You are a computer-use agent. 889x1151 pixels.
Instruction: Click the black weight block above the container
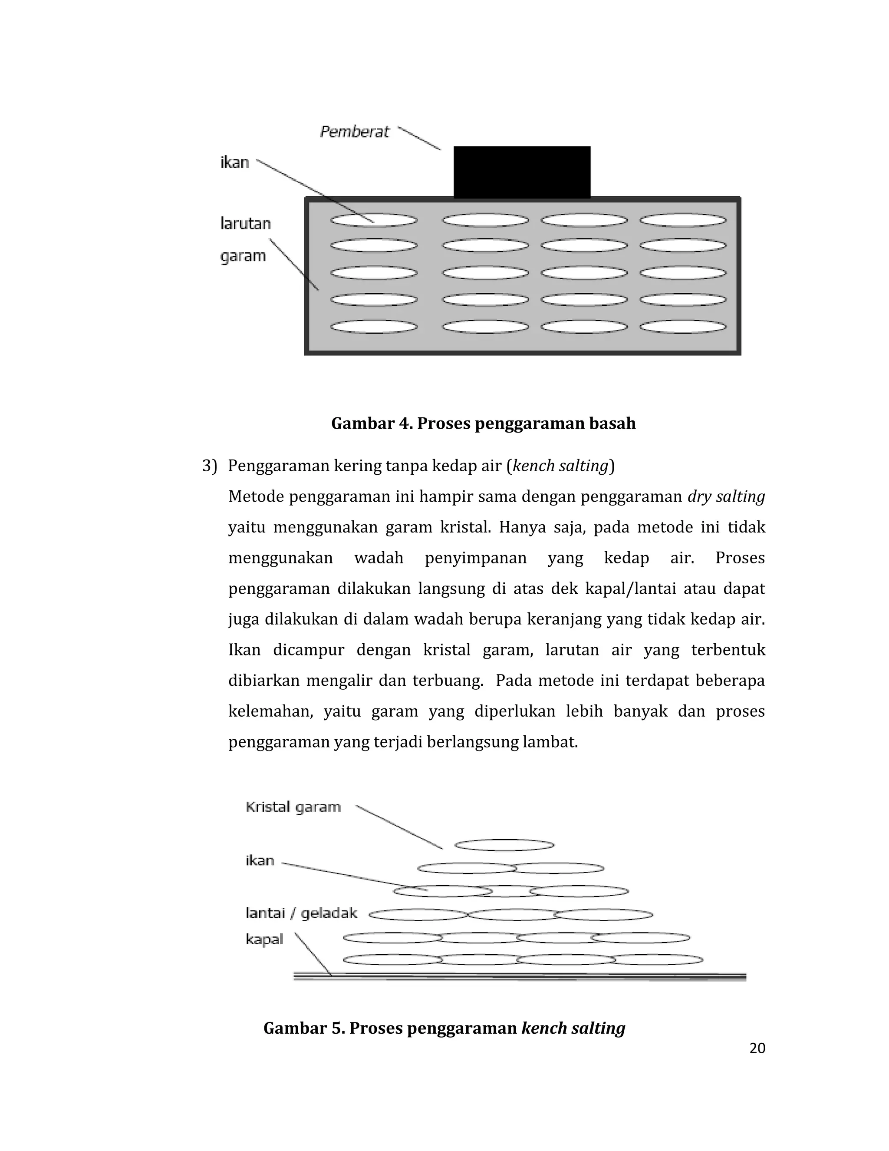(521, 172)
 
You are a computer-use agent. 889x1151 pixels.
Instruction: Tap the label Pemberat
(355, 132)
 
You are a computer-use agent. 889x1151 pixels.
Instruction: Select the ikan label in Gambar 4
(234, 162)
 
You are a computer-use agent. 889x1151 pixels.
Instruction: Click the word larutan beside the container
(245, 224)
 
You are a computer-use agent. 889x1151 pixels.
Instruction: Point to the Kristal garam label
(293, 807)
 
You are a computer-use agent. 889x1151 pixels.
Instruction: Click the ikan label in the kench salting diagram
(260, 860)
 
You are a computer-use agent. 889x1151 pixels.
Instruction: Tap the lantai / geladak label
(301, 913)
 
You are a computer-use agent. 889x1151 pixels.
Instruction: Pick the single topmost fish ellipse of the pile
(504, 845)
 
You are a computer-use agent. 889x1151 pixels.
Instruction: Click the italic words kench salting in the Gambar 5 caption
(573, 1028)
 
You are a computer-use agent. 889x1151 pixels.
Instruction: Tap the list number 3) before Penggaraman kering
(209, 466)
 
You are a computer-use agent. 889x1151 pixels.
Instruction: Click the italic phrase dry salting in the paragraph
(726, 496)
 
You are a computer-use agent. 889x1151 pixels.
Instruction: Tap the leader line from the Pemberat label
(419, 138)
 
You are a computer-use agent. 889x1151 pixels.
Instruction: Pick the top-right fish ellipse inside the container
(683, 220)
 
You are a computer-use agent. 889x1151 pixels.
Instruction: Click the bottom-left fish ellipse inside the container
(374, 327)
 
